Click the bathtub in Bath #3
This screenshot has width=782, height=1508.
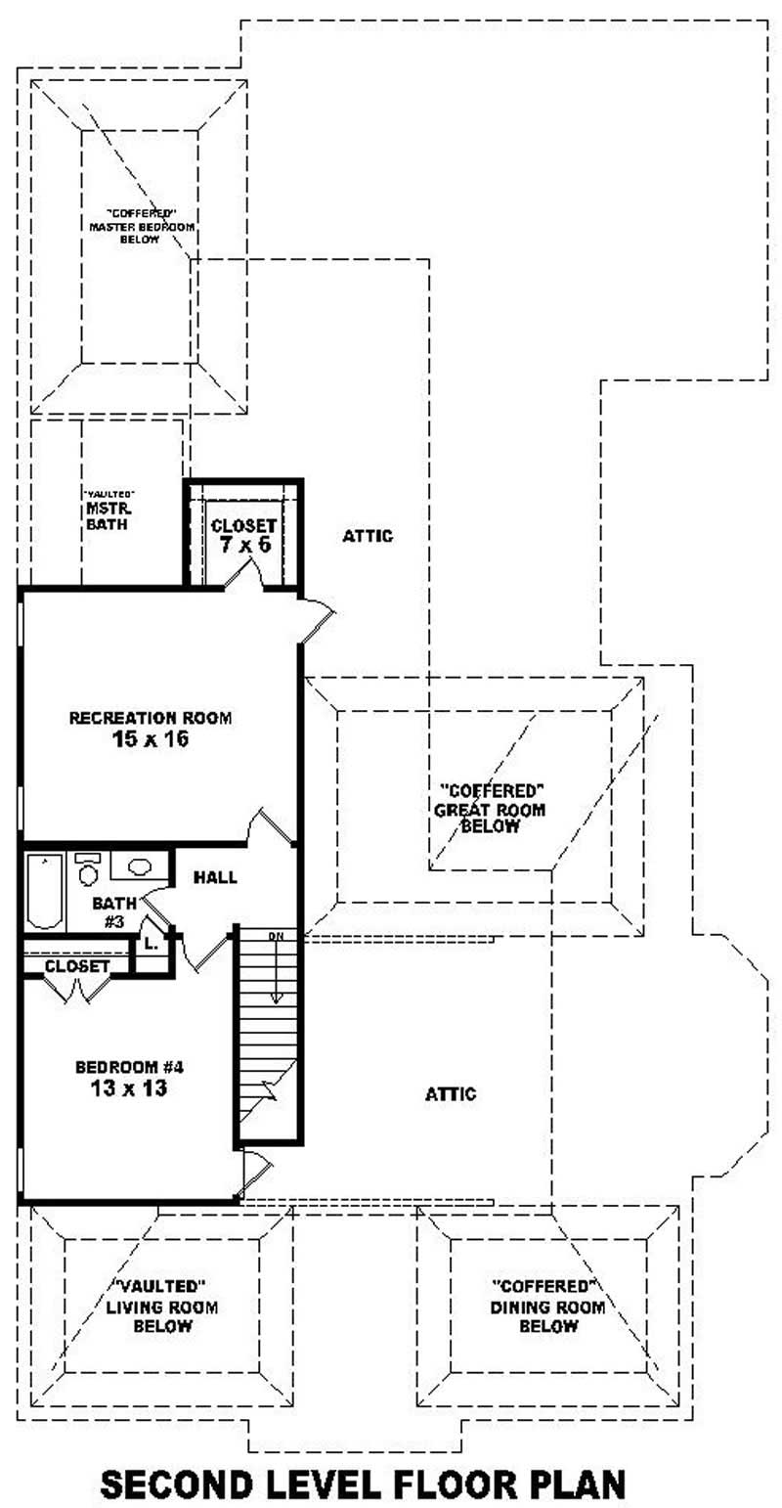coord(44,891)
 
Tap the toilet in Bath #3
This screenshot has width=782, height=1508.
coord(88,868)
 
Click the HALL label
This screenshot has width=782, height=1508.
coord(214,877)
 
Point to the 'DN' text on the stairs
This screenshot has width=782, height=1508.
coord(277,936)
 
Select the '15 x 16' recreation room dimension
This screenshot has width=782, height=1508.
coord(150,740)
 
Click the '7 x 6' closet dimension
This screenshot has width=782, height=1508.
coord(243,545)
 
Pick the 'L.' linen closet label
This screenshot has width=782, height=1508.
coord(151,945)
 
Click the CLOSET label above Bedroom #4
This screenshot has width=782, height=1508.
coord(77,966)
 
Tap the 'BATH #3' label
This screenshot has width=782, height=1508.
coord(110,910)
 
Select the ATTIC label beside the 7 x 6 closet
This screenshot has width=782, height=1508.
coord(368,536)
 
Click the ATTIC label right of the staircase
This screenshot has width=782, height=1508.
coord(451,1094)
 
